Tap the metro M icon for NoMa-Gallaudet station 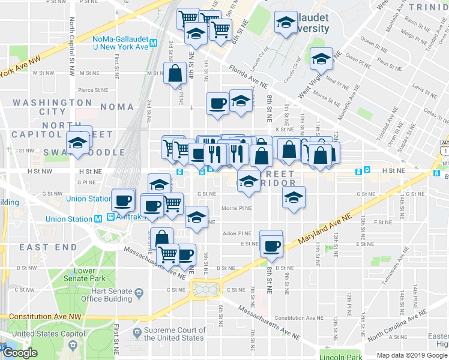pos(154,43)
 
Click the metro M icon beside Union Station pos(98,220)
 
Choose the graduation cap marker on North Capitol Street pos(77,143)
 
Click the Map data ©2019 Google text pos(412,355)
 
